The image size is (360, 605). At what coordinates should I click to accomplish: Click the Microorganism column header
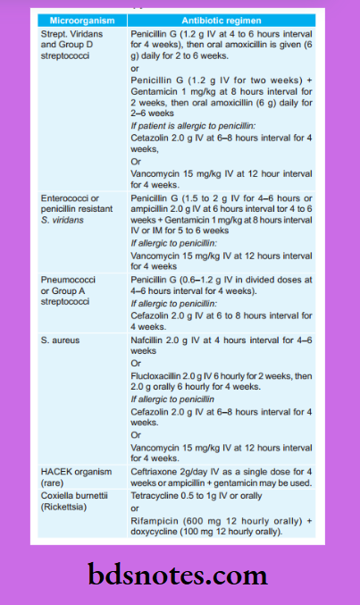coord(78,18)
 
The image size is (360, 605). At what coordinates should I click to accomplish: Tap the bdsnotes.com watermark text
coord(179,575)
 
